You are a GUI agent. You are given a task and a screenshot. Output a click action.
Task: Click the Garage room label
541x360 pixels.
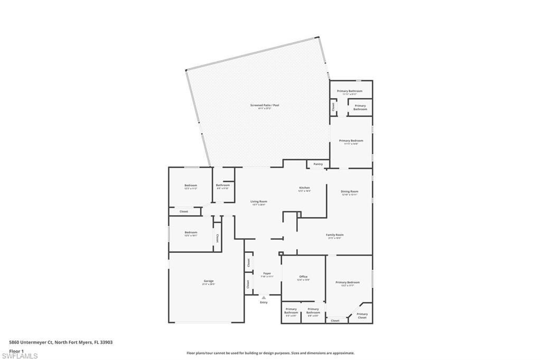208,281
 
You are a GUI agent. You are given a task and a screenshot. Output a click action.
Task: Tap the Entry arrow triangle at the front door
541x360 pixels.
264,298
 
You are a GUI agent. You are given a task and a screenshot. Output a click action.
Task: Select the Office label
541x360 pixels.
303,277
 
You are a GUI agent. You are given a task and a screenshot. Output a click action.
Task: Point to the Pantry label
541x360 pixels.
318,164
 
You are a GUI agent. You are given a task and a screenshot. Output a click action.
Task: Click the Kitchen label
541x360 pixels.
304,188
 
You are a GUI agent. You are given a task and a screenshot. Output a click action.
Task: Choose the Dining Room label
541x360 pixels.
349,192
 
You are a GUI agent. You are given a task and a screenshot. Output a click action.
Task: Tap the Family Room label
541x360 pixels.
335,235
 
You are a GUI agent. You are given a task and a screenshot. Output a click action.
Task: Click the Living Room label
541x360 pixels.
259,202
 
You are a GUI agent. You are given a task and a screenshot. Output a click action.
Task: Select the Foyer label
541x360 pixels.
267,273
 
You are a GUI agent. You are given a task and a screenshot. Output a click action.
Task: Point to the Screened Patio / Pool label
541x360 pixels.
265,105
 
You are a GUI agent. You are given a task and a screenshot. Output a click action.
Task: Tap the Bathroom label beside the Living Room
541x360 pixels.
223,185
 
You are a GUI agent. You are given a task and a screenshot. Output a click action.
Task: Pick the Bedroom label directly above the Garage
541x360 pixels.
191,232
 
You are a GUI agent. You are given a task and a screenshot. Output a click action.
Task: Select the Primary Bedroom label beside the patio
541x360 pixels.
351,140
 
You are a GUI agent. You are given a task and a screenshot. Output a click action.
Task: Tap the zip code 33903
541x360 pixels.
107,342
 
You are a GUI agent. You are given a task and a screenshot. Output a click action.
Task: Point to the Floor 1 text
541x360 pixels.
17,350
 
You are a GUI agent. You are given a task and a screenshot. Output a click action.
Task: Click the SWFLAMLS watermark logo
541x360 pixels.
20,356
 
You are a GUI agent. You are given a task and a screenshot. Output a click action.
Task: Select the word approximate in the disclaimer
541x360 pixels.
342,353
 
